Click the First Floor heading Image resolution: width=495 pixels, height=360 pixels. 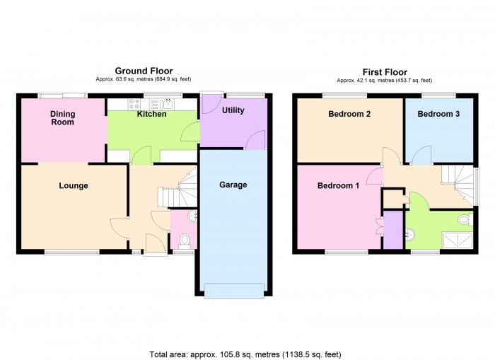pyautogui.click(x=385, y=72)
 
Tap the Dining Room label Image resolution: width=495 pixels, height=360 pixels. pyautogui.click(x=62, y=118)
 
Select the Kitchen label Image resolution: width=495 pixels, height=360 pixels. pyautogui.click(x=151, y=114)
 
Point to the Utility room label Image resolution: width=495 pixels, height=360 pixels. pyautogui.click(x=233, y=111)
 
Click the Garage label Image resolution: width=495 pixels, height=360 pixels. pyautogui.click(x=233, y=185)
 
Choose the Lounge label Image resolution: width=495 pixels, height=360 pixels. pyautogui.click(x=74, y=186)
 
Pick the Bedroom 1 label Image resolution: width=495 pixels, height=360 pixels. pyautogui.click(x=338, y=186)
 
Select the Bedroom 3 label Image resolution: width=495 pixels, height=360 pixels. pyautogui.click(x=438, y=114)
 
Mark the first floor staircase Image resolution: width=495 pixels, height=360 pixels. pyautogui.click(x=459, y=182)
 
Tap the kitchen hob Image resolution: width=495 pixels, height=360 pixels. pyautogui.click(x=134, y=105)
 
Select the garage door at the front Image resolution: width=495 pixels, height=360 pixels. pyautogui.click(x=233, y=288)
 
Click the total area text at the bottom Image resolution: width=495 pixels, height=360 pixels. pyautogui.click(x=249, y=354)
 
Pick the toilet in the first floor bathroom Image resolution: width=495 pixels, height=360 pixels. pyautogui.click(x=465, y=220)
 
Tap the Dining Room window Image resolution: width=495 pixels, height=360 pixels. pyautogui.click(x=62, y=95)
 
